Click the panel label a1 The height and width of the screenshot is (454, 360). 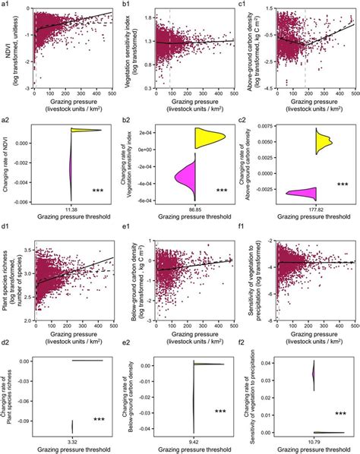[6, 5]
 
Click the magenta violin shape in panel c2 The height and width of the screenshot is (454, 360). [301, 193]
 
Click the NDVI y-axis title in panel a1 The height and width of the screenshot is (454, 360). [7, 49]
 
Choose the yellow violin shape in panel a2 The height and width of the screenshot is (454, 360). [84, 130]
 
